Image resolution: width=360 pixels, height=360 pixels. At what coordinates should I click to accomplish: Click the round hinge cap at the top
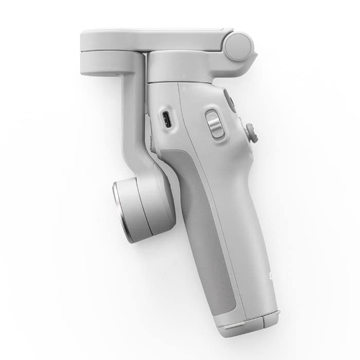(239, 47)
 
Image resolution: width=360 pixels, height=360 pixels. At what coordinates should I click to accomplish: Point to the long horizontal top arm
(154, 38)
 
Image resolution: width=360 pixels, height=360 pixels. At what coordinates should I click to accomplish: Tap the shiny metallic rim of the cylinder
(121, 211)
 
